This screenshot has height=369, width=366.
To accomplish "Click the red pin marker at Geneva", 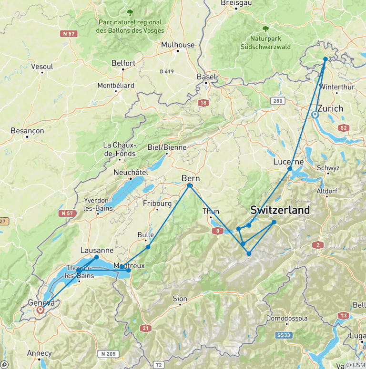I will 41,310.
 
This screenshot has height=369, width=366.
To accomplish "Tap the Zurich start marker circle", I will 315,115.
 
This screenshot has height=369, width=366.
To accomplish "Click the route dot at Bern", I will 190,185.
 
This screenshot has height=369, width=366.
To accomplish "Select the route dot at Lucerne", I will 289,169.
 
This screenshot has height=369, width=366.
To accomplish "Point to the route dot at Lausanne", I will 96,257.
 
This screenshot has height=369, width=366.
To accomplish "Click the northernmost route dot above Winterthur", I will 325,59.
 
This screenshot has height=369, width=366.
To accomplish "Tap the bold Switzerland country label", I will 280,210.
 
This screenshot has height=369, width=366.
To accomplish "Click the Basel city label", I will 206,77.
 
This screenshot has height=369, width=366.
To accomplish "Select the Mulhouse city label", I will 178,45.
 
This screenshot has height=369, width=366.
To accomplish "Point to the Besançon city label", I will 27,130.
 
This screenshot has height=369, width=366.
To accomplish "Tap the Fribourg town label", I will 157,204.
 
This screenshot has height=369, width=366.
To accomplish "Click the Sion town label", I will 180,299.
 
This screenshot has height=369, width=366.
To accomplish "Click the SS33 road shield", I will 284,335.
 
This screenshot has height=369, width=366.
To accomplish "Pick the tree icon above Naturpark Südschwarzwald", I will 265,29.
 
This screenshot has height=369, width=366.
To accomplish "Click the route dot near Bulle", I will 148,247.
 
